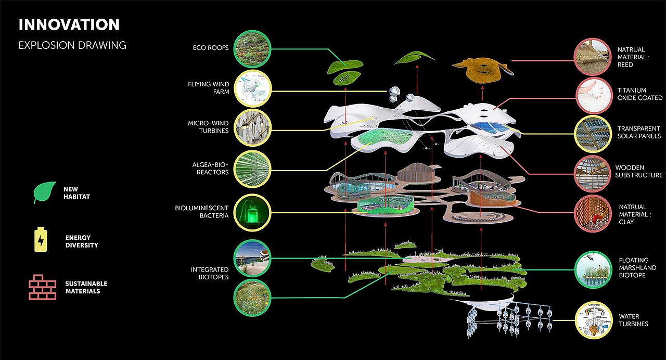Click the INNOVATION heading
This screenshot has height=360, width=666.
[x=69, y=24]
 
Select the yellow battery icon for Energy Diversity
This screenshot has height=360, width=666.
[x=41, y=240]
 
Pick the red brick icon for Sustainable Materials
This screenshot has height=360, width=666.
[x=42, y=287]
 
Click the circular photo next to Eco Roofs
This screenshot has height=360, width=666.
[x=252, y=49]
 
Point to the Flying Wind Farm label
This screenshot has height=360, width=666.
[x=208, y=88]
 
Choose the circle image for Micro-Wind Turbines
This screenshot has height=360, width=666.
[x=252, y=127]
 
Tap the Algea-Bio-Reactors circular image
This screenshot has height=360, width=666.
[x=252, y=169]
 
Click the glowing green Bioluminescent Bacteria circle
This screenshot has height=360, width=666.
[x=252, y=212]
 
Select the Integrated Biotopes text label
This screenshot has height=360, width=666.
[x=209, y=273]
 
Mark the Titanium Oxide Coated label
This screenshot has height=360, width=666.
[x=639, y=94]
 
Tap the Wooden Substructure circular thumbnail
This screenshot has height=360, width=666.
[x=592, y=172]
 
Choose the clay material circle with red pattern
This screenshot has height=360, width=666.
[x=592, y=214]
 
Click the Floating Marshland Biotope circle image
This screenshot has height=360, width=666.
[x=592, y=269]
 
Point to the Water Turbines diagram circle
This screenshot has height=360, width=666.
[x=592, y=318]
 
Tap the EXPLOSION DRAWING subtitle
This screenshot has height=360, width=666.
[x=72, y=45]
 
